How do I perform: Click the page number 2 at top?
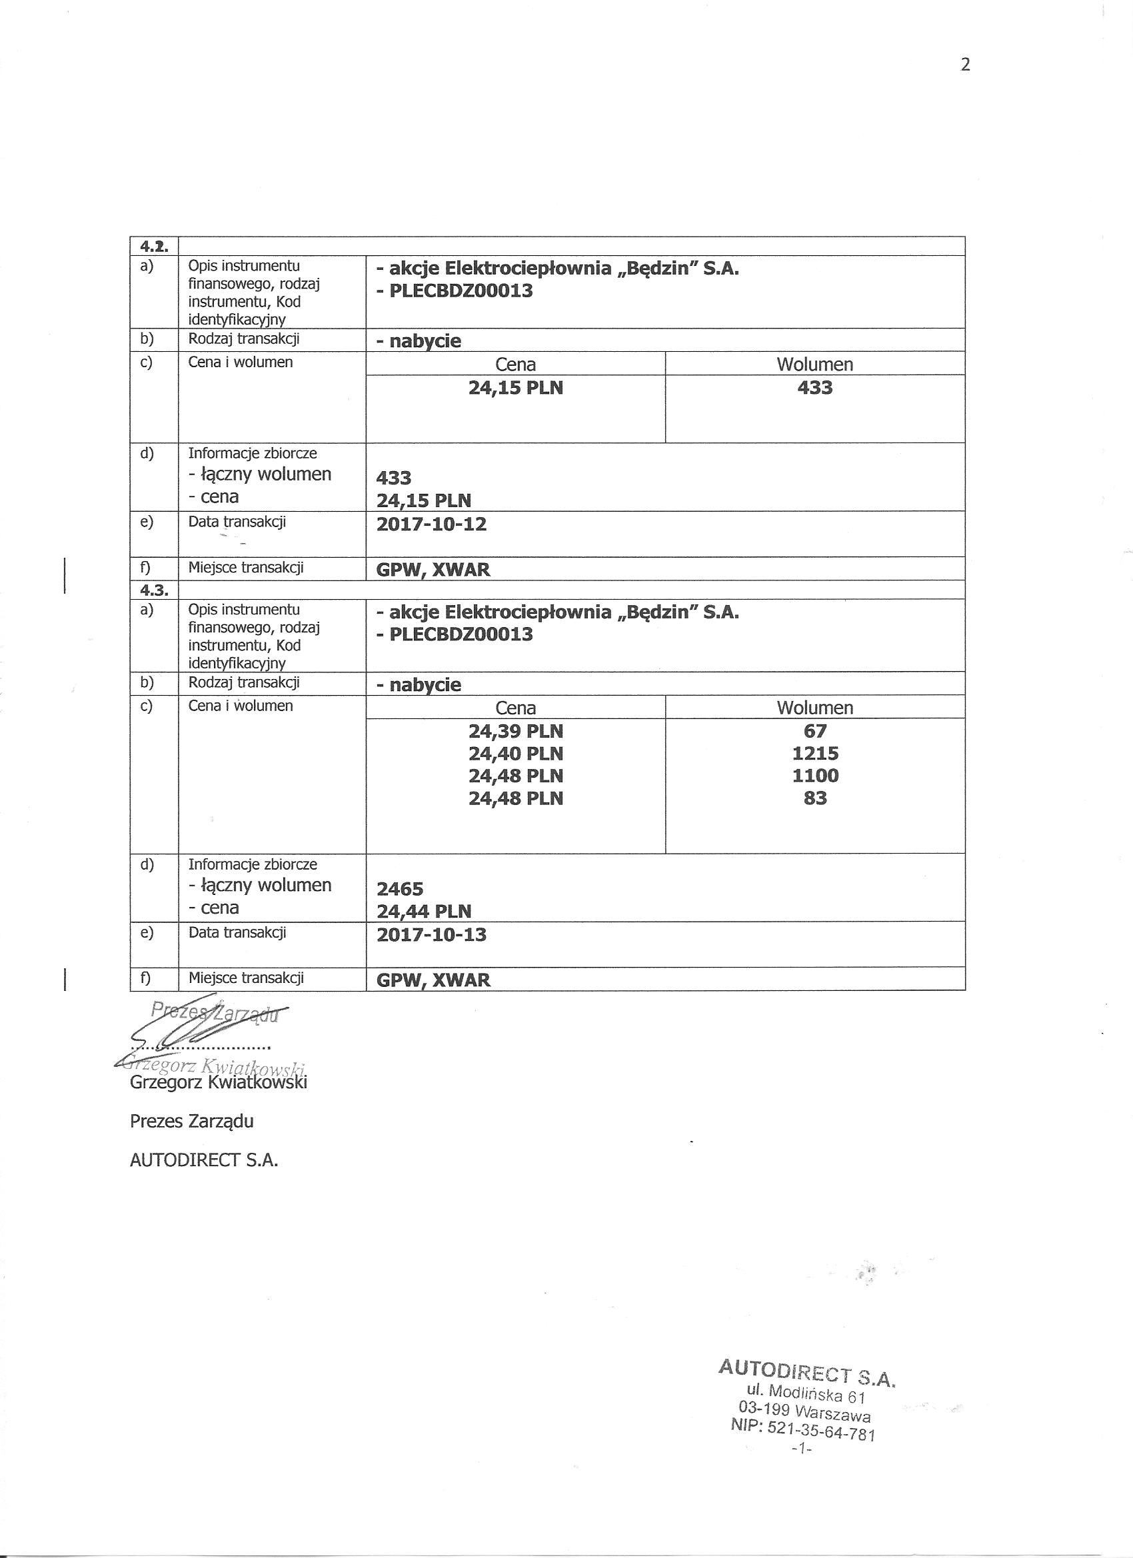tap(965, 65)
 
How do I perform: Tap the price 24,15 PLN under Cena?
tap(515, 388)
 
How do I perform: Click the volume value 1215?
tap(815, 754)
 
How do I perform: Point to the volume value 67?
tap(815, 731)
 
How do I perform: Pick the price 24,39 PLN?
tap(515, 731)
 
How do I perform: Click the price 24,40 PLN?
tap(515, 754)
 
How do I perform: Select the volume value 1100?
tap(815, 776)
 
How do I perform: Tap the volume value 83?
tap(815, 798)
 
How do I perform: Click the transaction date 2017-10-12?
tap(431, 525)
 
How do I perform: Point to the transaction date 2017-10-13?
tap(431, 935)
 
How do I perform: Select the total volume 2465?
tap(400, 890)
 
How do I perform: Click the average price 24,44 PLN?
tap(424, 912)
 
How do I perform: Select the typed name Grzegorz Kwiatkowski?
tap(219, 1084)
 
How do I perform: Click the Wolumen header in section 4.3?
tap(815, 708)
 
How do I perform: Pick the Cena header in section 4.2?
tap(515, 365)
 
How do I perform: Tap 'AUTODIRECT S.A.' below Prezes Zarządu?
tap(204, 1160)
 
